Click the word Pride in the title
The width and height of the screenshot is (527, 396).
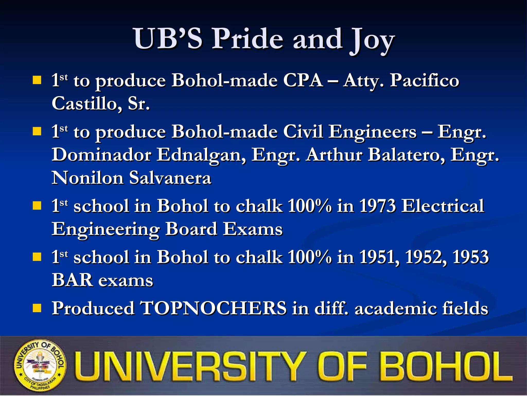(247, 39)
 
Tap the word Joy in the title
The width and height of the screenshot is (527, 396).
(372, 40)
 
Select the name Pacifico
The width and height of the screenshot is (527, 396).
(425, 80)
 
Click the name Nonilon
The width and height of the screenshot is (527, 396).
(87, 178)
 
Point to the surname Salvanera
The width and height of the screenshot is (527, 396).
(170, 178)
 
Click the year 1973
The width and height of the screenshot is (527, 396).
(377, 206)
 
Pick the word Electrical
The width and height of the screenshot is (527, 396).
(443, 206)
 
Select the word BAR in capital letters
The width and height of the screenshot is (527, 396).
(72, 280)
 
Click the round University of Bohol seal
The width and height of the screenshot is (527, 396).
(40, 366)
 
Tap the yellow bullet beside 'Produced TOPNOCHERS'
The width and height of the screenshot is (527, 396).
(37, 308)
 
